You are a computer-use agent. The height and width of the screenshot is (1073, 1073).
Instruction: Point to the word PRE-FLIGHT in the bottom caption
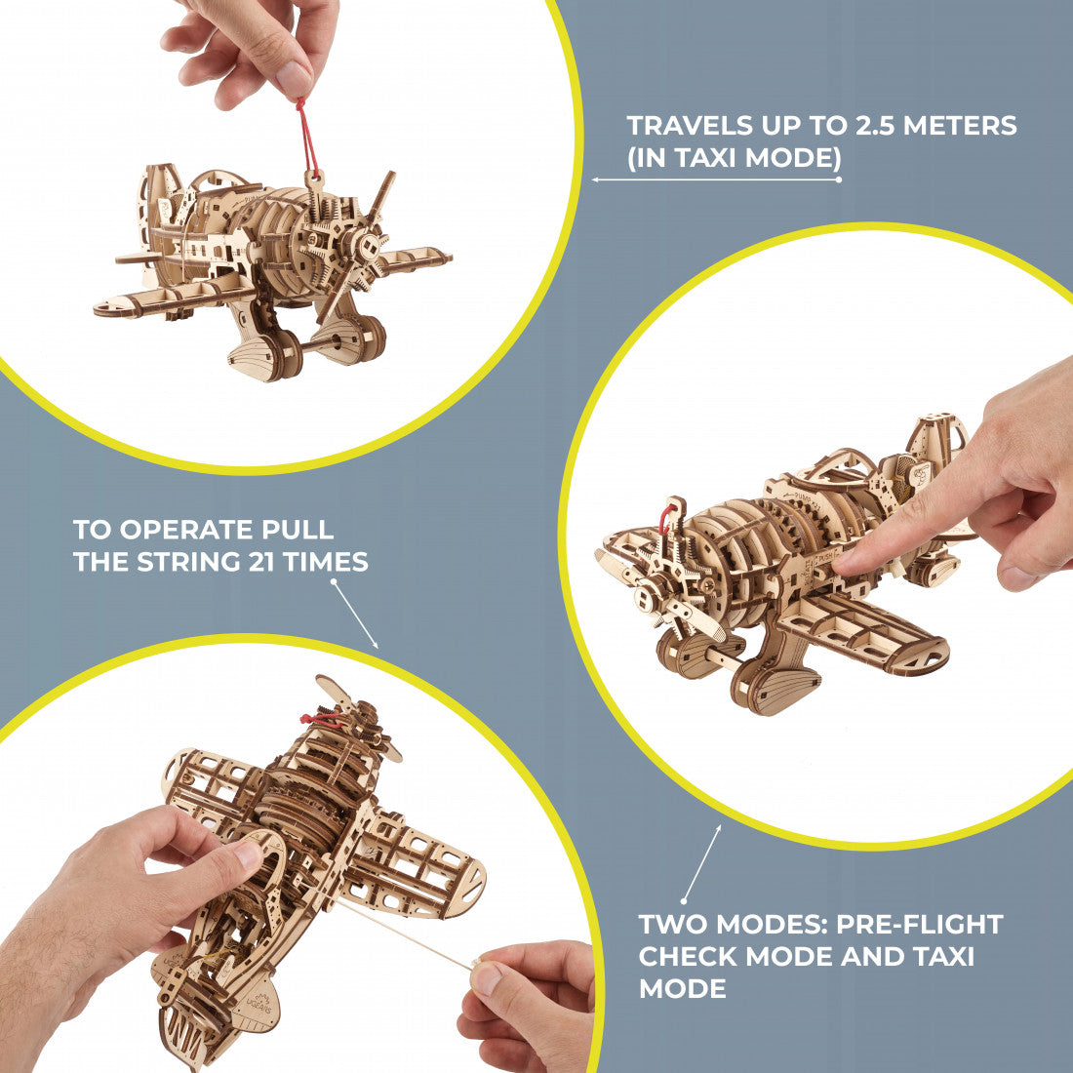(x=920, y=924)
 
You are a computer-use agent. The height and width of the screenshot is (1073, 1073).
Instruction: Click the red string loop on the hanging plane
(x=307, y=137)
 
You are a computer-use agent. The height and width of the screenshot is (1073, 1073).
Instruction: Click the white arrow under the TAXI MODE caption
(x=717, y=179)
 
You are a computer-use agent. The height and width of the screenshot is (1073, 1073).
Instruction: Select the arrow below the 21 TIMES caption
(x=355, y=614)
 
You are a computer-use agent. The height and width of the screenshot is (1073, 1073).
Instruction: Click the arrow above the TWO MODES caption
(x=701, y=863)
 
